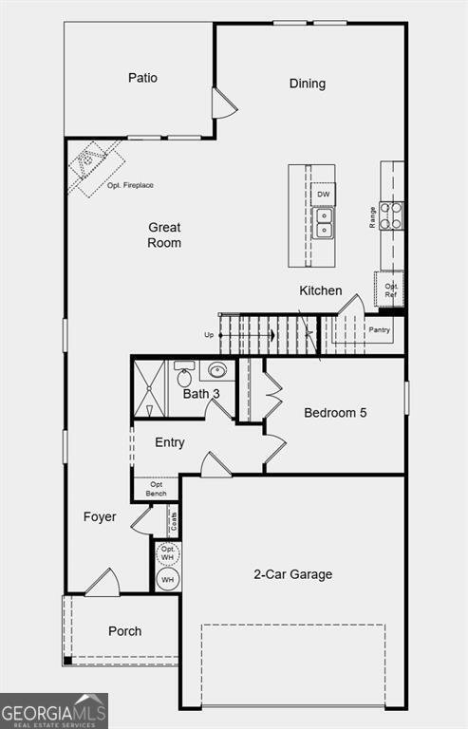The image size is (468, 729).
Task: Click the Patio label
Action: tap(142, 78)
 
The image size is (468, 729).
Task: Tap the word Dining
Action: tap(307, 84)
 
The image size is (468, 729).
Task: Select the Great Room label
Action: tap(163, 235)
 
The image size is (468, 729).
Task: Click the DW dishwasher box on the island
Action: tap(324, 195)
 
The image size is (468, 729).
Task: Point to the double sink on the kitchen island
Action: tap(324, 222)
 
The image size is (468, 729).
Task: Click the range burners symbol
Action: tap(390, 215)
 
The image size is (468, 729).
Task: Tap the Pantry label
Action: tap(380, 330)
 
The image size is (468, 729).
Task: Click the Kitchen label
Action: tap(321, 290)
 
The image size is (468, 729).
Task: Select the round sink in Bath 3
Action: tap(217, 370)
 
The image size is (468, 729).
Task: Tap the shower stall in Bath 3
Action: tap(149, 388)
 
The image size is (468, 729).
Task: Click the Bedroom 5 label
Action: tap(335, 413)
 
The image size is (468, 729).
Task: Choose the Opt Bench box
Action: tap(156, 489)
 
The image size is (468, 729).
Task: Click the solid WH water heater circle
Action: tap(168, 579)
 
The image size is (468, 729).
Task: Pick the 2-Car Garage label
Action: tap(292, 574)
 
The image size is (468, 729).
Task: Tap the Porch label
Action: tap(124, 631)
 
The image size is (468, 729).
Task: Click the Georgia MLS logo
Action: tap(54, 711)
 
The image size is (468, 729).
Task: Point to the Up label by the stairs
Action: tap(209, 334)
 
